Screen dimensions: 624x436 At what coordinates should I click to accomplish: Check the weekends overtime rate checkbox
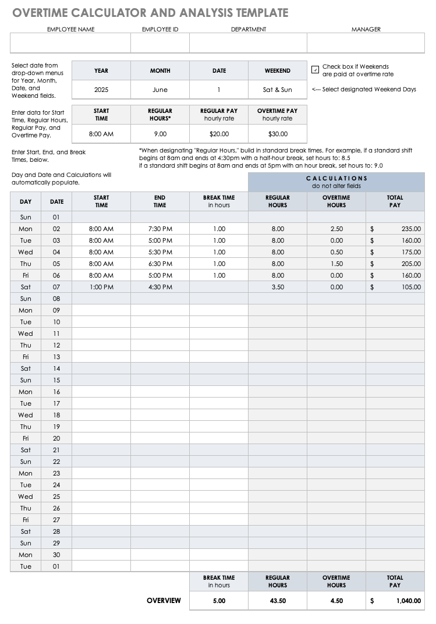click(x=315, y=70)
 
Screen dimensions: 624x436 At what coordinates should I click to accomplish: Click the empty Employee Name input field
click(x=70, y=43)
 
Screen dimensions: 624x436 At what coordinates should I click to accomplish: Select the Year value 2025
click(x=101, y=90)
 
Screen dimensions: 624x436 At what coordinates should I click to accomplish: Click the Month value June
click(x=160, y=90)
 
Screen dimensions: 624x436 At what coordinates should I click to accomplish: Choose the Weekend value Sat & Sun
click(x=278, y=90)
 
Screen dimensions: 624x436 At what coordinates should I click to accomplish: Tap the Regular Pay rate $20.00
click(x=219, y=133)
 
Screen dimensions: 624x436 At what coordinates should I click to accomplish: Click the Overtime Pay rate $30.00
click(x=278, y=133)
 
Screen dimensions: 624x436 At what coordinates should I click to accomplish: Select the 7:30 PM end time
click(x=160, y=229)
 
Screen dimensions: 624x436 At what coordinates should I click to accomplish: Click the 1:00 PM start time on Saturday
click(x=101, y=287)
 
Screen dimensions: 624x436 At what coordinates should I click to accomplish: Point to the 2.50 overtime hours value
click(x=336, y=229)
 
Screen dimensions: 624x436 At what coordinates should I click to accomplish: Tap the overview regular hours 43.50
click(x=278, y=601)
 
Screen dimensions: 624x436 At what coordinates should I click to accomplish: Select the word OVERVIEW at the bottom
click(x=164, y=601)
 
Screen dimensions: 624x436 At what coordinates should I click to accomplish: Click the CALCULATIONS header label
click(x=336, y=178)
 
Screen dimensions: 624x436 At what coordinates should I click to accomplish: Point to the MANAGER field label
click(x=366, y=29)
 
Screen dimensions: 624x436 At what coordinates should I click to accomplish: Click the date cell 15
click(x=56, y=380)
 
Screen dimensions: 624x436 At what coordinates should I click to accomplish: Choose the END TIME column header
click(x=160, y=201)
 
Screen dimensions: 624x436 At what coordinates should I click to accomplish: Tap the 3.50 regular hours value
click(x=278, y=287)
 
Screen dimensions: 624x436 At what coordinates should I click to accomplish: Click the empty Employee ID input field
click(x=160, y=43)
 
